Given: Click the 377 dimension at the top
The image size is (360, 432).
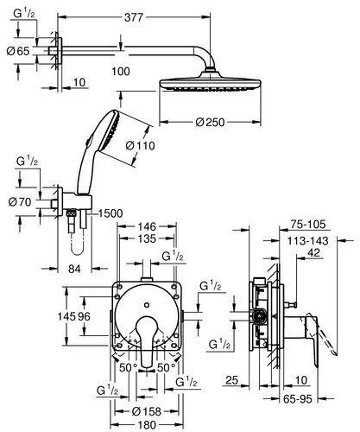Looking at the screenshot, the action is tap(134, 17).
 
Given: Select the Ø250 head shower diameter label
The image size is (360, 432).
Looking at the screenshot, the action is tap(210, 122).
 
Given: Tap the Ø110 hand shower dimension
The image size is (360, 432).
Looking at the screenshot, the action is tap(141, 146).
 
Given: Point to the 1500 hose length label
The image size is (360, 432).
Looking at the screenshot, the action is tap(111, 213).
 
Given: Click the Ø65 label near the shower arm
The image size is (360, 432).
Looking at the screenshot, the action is tap(18, 51).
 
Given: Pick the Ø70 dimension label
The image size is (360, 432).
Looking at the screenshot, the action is tap(20, 202).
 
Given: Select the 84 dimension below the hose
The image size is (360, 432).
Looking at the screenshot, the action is tap(74, 269).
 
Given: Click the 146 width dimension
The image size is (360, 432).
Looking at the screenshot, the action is tap(147, 226).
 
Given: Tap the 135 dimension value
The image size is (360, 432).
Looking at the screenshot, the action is tap(147, 238).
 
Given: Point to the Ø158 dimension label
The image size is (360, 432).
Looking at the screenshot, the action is tap(147, 411).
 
